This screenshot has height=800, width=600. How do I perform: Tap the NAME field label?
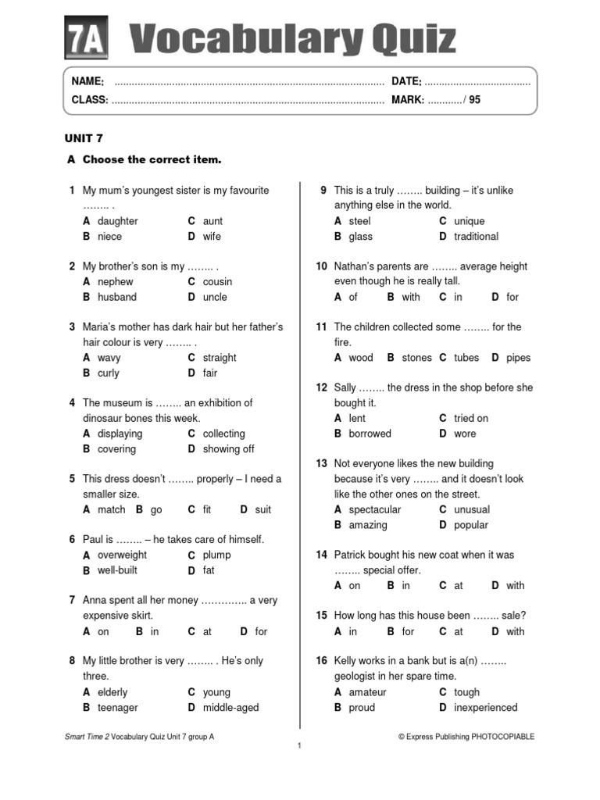tap(87, 82)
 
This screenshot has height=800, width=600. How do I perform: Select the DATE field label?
tap(406, 82)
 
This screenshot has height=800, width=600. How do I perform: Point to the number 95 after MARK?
tap(475, 100)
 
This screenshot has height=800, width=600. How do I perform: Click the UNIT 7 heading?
tap(84, 138)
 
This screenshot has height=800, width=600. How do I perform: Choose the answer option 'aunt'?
tap(212, 221)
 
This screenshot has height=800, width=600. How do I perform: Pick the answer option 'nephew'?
tap(115, 282)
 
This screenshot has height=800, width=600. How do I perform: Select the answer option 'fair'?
tap(210, 373)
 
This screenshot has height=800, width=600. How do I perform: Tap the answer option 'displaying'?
tap(120, 434)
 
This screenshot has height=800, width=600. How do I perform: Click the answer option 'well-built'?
tap(117, 570)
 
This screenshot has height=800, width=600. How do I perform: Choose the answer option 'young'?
tap(216, 692)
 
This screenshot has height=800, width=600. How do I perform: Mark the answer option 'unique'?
tap(469, 221)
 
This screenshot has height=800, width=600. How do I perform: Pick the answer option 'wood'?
tap(361, 358)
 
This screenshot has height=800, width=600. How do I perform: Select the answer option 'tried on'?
tap(471, 419)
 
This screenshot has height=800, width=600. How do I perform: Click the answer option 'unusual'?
tap(472, 510)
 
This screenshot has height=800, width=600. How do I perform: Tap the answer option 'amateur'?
tap(367, 692)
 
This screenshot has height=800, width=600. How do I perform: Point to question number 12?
tap(321, 388)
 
